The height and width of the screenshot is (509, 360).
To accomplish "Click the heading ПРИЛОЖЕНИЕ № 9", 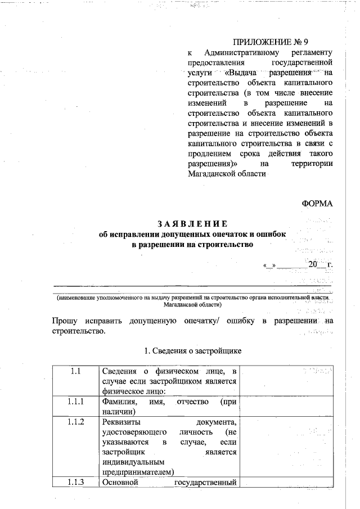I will pyautogui.click(x=271, y=42).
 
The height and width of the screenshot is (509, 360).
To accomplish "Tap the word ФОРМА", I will pyautogui.click(x=318, y=204).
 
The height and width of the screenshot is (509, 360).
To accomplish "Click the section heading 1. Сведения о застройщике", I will pyautogui.click(x=193, y=351).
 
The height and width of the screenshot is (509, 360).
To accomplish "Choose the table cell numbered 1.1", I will pyautogui.click(x=76, y=371).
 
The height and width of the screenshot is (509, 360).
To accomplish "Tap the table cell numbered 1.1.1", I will pyautogui.click(x=76, y=402).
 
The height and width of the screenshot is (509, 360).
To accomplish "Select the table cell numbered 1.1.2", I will pyautogui.click(x=76, y=422).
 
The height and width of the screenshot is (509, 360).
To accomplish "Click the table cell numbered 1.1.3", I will pyautogui.click(x=76, y=482).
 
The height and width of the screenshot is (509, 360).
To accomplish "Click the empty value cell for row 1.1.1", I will pyautogui.click(x=288, y=407).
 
